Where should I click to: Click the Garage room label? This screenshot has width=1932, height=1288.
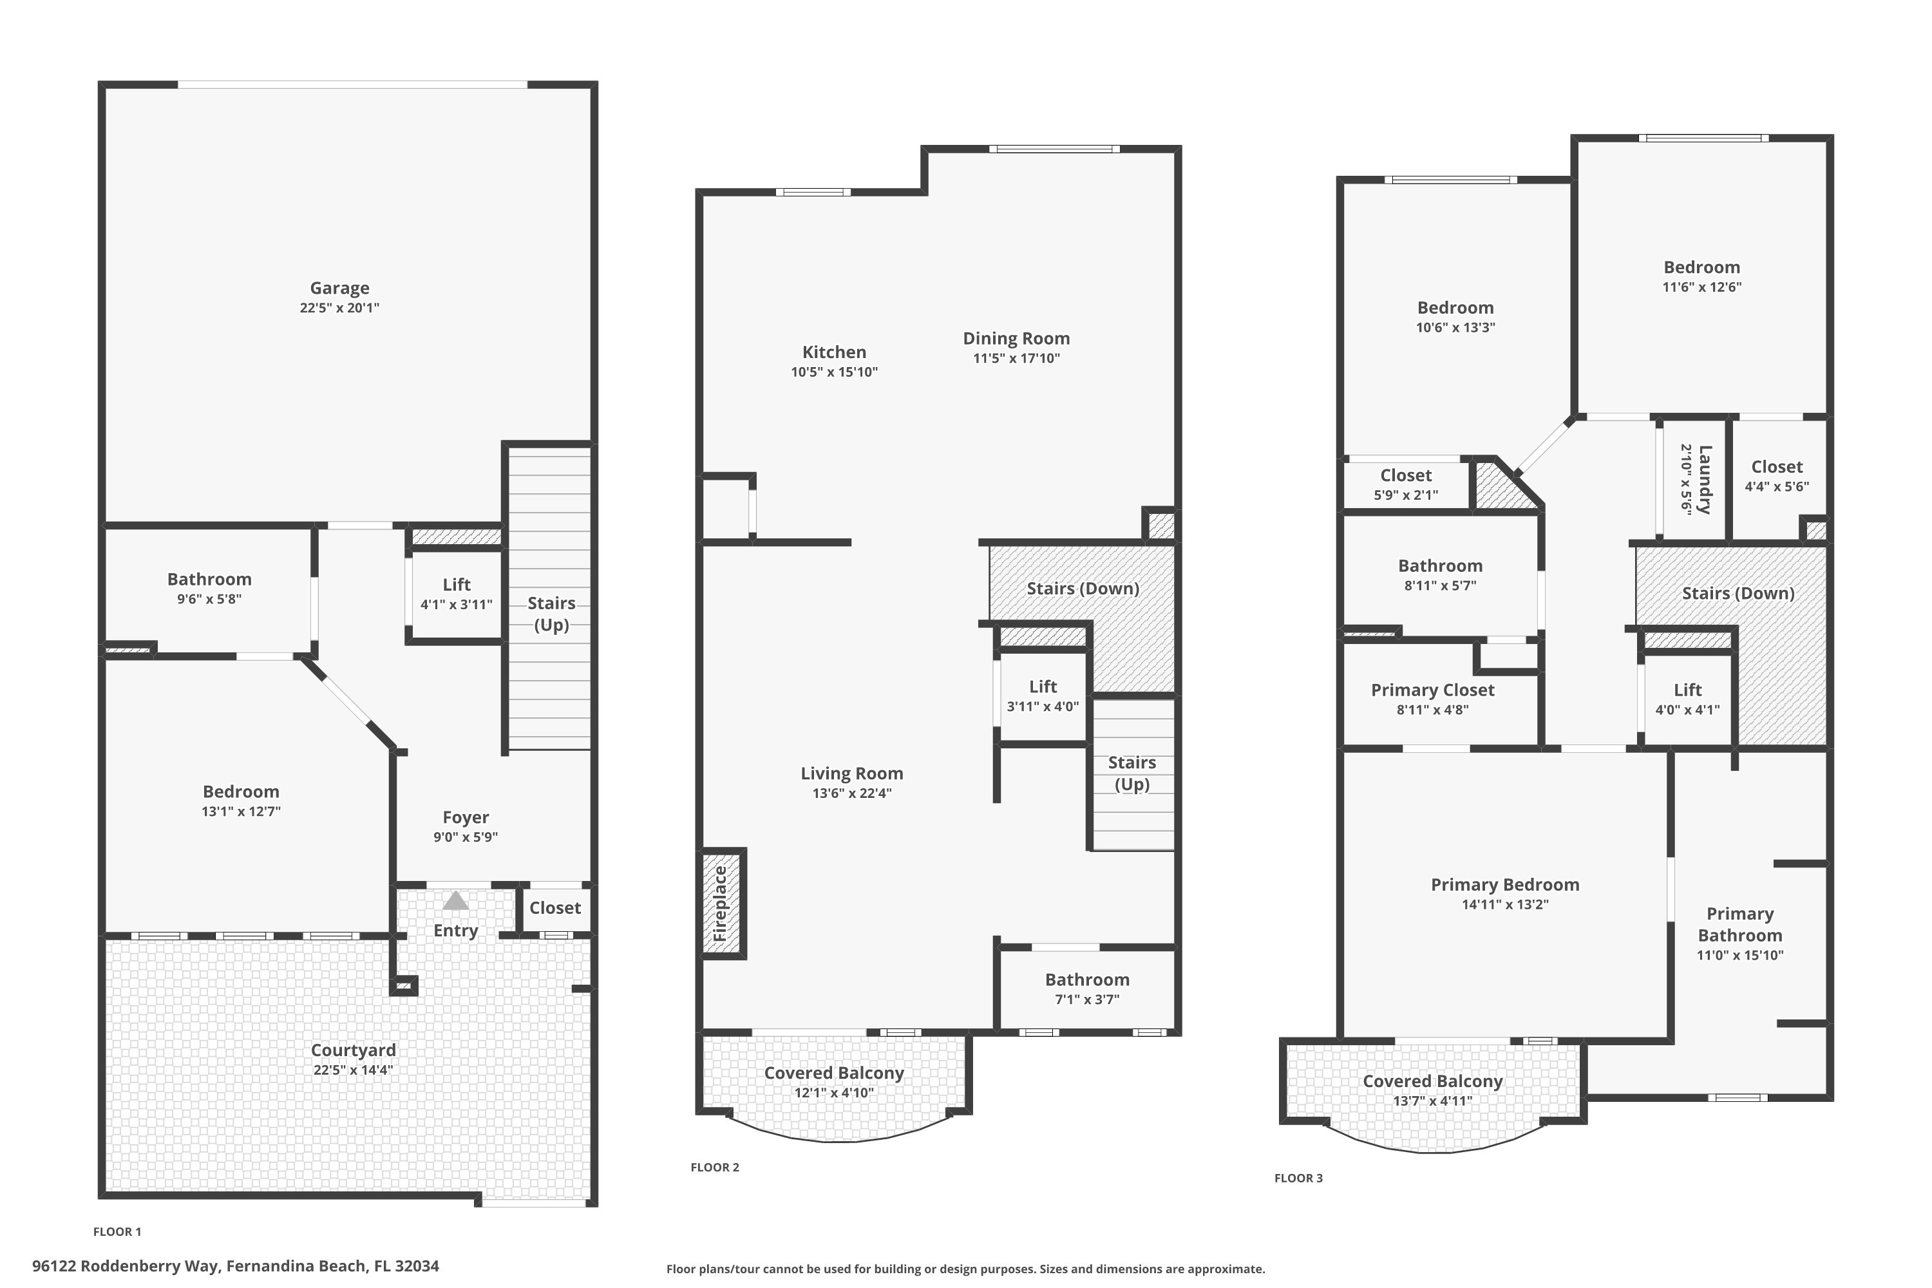click(339, 289)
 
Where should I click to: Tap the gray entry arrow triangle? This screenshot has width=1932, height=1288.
click(456, 902)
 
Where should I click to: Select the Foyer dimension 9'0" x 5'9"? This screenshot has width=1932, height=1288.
click(466, 837)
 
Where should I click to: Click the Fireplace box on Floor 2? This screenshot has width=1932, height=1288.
click(721, 904)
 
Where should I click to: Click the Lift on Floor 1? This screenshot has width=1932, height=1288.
click(456, 593)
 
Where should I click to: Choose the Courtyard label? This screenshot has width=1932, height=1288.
click(353, 1050)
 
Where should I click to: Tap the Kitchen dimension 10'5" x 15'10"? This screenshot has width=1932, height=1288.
click(834, 372)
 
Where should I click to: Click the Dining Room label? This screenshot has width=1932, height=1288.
click(1016, 339)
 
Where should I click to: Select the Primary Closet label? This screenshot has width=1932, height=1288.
click(1432, 690)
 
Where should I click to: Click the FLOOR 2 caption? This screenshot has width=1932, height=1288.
click(715, 1167)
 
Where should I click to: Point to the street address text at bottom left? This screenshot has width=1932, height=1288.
click(236, 1266)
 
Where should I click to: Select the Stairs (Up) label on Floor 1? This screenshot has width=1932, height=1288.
click(551, 614)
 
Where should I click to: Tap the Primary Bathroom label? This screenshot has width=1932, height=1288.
click(1740, 924)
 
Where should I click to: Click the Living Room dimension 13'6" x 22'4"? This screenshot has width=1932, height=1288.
click(852, 793)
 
